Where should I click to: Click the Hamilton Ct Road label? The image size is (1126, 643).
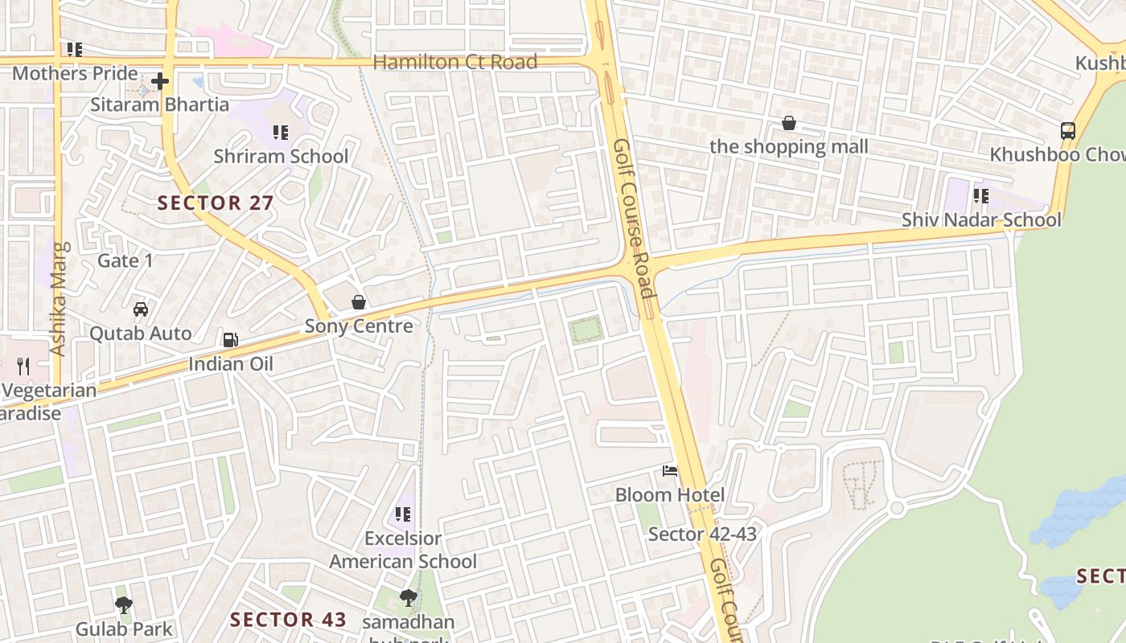(x=455, y=62)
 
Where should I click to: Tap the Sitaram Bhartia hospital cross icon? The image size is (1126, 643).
(x=160, y=81)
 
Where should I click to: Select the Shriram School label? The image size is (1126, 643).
(x=281, y=156)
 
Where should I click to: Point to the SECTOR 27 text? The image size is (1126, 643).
(x=216, y=203)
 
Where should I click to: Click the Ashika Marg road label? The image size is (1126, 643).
(x=58, y=299)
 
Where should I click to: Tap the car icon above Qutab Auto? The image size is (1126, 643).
(x=141, y=309)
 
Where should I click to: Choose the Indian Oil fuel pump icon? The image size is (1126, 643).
(x=231, y=340)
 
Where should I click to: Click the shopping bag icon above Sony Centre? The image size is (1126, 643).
(x=359, y=302)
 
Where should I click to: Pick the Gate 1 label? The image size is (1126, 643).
(x=125, y=260)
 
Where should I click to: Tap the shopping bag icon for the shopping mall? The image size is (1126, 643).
(x=789, y=123)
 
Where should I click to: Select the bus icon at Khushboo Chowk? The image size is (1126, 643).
(x=1068, y=130)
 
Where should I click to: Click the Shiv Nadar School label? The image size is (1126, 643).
(x=981, y=219)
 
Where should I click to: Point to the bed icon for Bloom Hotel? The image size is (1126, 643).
(x=670, y=471)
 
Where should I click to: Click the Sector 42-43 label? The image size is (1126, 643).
(x=702, y=534)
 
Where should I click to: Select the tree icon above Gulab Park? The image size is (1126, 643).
(x=124, y=604)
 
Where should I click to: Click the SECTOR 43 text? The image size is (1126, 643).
(x=288, y=620)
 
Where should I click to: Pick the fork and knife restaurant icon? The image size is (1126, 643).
(x=23, y=367)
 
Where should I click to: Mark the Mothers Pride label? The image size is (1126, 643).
(x=75, y=73)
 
